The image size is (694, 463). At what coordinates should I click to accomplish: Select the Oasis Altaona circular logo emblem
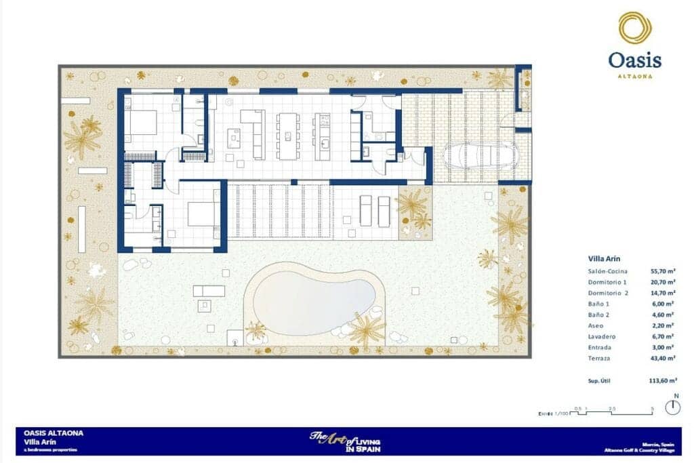[635, 28]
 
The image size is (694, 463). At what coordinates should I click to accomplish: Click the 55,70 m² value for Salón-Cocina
[662, 271]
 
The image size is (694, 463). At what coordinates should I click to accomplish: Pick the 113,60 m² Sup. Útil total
[662, 381]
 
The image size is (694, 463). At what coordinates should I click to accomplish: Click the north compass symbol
[672, 407]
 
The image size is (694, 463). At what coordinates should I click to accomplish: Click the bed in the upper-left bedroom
[144, 122]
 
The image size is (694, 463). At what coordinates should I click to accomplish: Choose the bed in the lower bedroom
[200, 214]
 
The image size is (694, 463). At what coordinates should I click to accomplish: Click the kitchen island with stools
[287, 135]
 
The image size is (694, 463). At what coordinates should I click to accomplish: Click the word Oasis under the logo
[635, 61]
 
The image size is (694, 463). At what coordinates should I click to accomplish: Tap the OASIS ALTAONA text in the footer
[54, 432]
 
